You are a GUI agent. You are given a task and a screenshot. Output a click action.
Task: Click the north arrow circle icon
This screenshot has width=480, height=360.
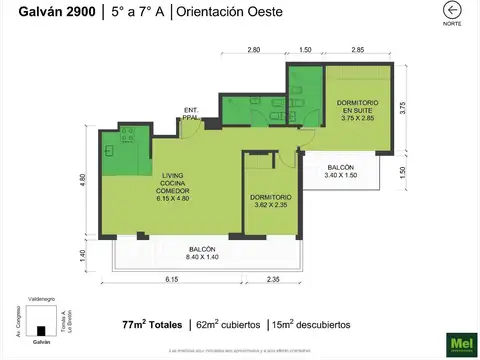pos(451,10)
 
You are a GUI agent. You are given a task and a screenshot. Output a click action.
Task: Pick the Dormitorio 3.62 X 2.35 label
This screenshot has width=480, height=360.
pos(271,200)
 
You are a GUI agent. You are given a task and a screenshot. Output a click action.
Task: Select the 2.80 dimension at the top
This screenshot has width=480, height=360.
pos(254,49)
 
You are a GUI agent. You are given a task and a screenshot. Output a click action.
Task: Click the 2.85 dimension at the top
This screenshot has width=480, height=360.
pos(357,49)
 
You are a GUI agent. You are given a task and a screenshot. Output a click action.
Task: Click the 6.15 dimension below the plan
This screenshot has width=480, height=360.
pos(171,281)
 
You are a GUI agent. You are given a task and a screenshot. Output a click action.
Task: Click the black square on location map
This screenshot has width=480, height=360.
pos(41,330)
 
